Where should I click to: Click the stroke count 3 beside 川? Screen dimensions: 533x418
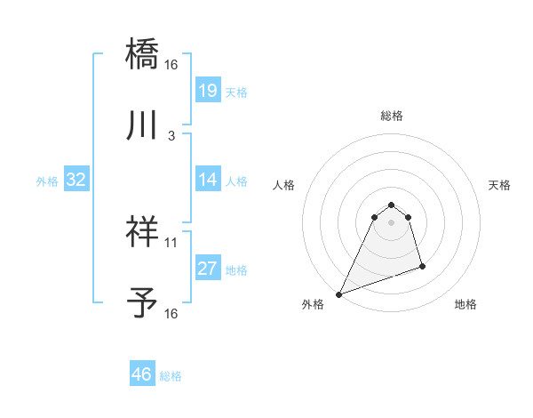tap(171, 135)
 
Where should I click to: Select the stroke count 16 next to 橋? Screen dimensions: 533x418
tap(171, 64)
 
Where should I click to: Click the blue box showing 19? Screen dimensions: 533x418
tap(207, 91)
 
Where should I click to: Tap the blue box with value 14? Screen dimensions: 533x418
tap(207, 180)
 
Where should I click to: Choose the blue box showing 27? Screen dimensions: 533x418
tap(207, 269)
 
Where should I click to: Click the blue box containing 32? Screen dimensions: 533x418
tap(76, 180)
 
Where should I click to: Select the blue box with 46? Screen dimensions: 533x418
tap(141, 375)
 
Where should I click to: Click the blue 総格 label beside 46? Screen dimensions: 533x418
tap(171, 376)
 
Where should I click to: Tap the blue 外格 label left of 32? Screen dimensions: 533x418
tap(47, 181)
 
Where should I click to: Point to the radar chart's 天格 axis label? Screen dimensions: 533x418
tap(499, 185)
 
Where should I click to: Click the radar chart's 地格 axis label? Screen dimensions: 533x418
tap(465, 304)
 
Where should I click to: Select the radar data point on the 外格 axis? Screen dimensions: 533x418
tap(339, 294)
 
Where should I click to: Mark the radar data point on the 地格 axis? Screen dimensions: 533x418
tap(422, 266)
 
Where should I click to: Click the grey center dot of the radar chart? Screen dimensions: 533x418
tap(391, 223)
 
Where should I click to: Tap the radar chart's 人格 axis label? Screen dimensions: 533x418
tap(283, 185)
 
